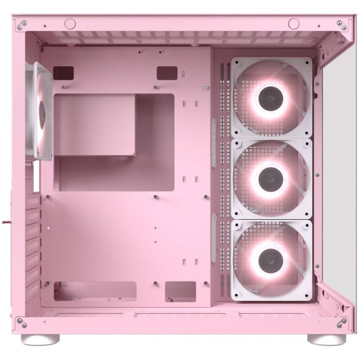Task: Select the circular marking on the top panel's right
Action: pos(294,23)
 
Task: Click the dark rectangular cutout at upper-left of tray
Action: pos(64,72)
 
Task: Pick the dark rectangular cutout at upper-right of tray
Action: pos(167,72)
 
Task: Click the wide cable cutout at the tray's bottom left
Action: pos(95,291)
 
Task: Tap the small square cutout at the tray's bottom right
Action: pos(181,291)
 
